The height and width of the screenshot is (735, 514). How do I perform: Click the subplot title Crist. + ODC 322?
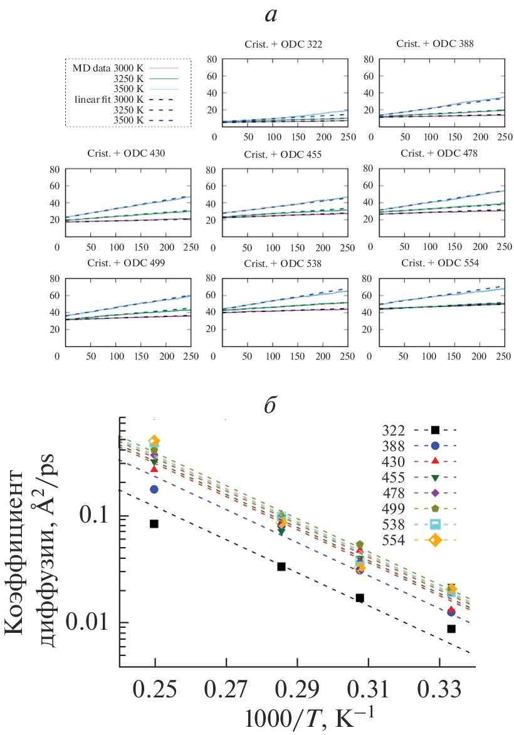click(280, 44)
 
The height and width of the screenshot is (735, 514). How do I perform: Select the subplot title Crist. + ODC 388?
click(435, 44)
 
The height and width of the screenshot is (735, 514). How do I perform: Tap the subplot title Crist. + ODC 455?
click(280, 153)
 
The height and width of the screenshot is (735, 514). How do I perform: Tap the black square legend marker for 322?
click(435, 430)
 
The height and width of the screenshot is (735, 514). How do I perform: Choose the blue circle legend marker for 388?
click(435, 446)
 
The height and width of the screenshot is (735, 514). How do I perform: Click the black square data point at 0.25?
click(154, 524)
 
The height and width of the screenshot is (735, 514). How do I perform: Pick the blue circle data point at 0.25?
click(154, 489)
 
